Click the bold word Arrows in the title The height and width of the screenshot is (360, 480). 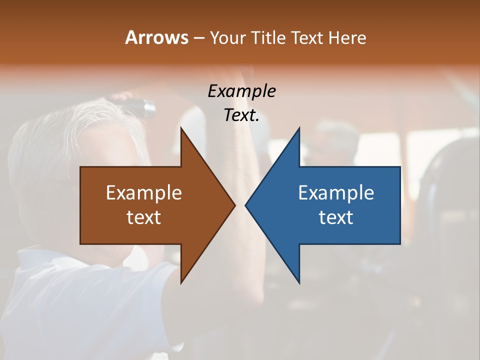click(x=156, y=37)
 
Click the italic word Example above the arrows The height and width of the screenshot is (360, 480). click(x=241, y=91)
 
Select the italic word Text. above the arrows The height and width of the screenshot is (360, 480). click(x=241, y=115)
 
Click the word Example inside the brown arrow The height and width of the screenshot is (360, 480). click(x=144, y=192)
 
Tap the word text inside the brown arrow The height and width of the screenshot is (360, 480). click(x=144, y=217)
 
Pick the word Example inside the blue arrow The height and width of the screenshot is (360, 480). click(x=336, y=192)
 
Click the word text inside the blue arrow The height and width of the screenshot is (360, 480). click(x=336, y=217)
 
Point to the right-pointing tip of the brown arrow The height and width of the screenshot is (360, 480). click(x=234, y=205)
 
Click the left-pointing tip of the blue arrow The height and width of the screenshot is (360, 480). click(x=246, y=205)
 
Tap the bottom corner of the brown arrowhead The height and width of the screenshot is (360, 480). click(x=181, y=282)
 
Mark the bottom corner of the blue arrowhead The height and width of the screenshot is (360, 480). click(x=299, y=282)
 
